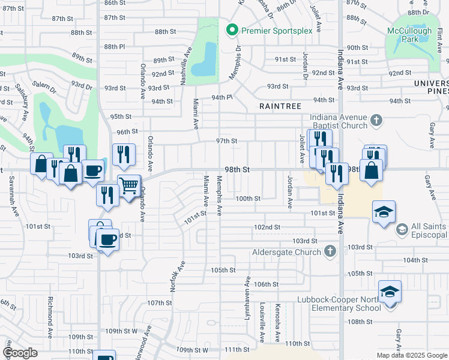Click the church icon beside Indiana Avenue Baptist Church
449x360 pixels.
coord(376,121)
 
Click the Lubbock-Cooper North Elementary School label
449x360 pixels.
coord(339,304)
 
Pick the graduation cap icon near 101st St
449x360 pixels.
coord(384,212)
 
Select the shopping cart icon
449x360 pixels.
coord(128,187)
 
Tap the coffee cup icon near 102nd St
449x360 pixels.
coord(107,239)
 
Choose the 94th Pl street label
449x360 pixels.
coord(221,97)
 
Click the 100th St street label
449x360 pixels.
coord(247,199)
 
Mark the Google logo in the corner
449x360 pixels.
coord(20,353)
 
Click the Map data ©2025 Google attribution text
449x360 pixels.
coord(411,355)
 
